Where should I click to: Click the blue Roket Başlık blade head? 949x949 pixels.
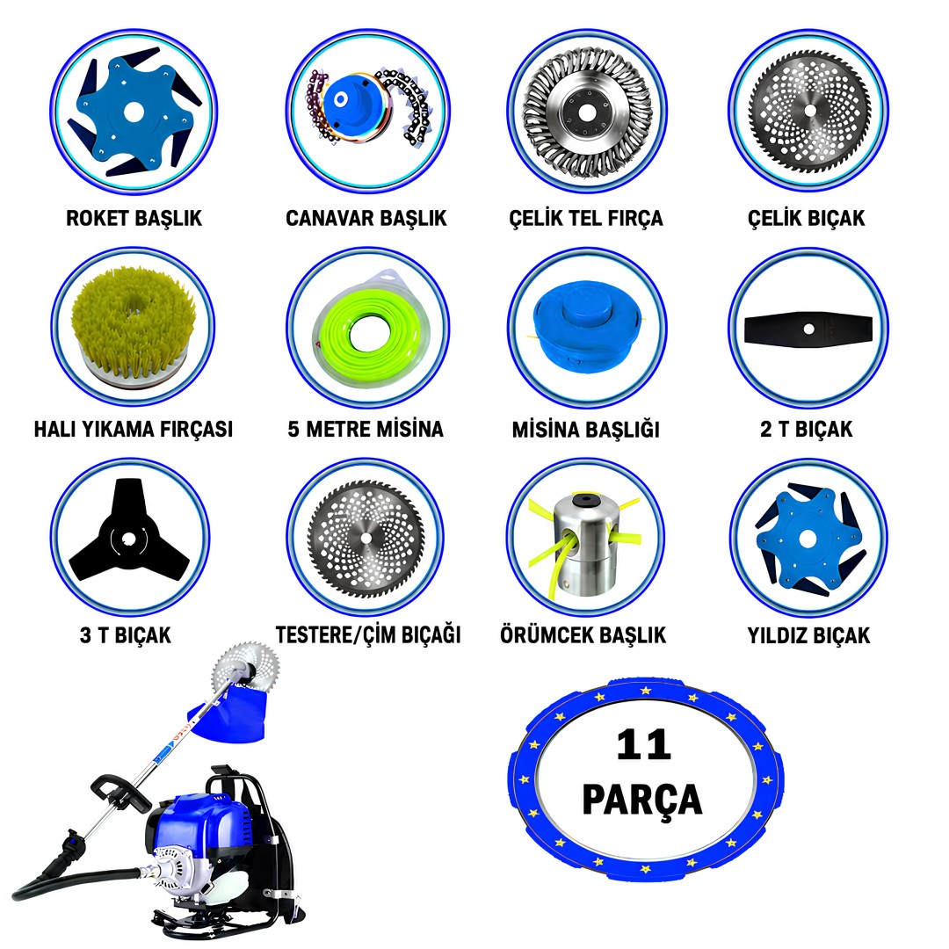[134, 112]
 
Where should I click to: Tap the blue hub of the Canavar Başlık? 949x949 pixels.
[344, 102]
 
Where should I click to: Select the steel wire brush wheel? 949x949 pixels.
[586, 112]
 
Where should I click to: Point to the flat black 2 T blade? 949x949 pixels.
[808, 330]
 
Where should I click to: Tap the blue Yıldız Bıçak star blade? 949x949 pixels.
[808, 539]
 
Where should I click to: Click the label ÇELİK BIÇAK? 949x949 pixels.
[806, 218]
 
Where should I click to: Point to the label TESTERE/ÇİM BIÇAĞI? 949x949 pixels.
[368, 635]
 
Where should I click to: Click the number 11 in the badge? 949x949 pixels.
[643, 745]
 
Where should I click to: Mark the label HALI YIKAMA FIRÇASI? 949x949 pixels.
[134, 429]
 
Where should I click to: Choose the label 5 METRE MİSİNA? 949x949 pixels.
[366, 429]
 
